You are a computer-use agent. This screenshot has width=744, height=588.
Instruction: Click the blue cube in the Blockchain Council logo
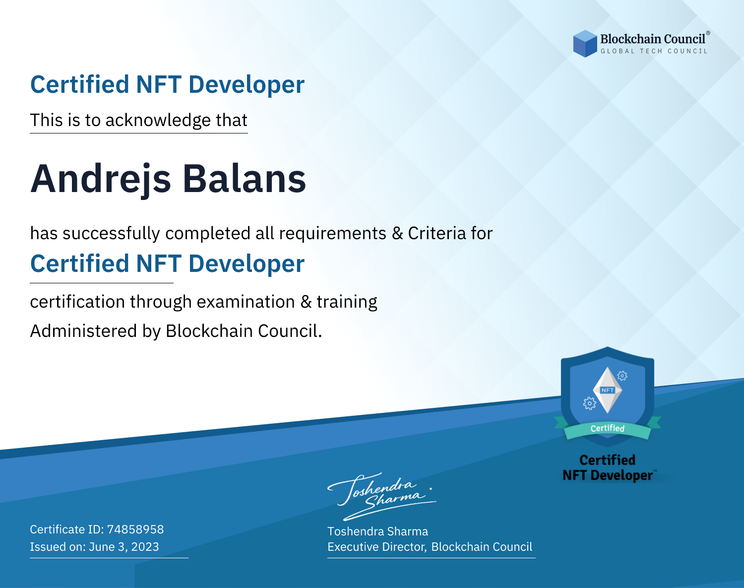point(585,44)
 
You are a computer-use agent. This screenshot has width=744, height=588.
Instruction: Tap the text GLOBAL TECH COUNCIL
point(654,51)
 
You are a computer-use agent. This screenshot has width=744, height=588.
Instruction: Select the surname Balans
point(244,179)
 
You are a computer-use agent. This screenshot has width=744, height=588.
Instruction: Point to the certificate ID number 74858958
point(135,529)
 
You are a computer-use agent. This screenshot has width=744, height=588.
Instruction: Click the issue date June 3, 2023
point(124,546)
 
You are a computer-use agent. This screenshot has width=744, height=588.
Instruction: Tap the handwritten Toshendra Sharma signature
point(382,496)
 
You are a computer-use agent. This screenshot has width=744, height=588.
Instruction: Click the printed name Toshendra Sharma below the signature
point(377,531)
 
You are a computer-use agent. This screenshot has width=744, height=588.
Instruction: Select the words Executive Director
point(376,547)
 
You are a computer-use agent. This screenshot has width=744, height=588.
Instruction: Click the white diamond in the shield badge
point(608,390)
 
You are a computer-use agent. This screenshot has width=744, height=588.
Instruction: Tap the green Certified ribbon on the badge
point(608,429)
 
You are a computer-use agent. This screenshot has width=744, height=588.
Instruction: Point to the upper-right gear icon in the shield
point(622,376)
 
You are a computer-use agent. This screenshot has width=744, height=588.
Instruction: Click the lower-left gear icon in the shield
point(589,403)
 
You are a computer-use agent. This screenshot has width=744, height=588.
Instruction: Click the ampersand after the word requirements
point(398,233)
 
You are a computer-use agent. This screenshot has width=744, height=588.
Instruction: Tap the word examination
point(246,302)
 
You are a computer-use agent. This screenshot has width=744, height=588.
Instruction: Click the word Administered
point(83,330)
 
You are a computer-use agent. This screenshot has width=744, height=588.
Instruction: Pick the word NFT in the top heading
point(159,85)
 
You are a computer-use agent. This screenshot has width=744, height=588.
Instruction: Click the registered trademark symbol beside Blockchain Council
point(708,33)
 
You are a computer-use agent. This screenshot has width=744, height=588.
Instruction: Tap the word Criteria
point(437,233)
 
